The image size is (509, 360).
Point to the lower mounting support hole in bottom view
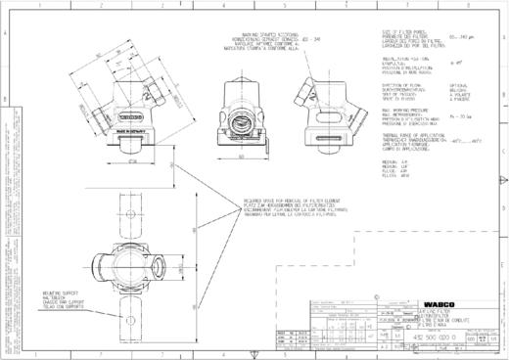pos(129,315)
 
